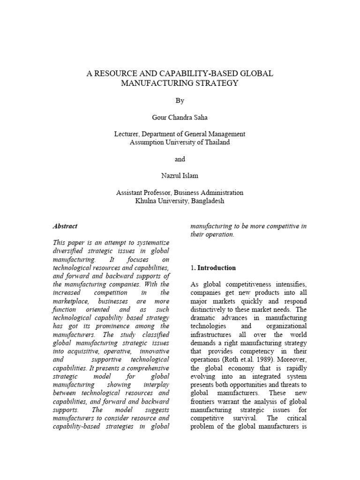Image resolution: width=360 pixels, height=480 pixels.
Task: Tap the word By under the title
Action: click(x=180, y=101)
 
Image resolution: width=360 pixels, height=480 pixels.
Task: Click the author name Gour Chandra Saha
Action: click(x=180, y=117)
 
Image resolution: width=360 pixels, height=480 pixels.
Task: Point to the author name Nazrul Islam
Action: click(x=180, y=175)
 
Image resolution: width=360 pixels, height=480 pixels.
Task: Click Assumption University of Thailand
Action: click(x=180, y=142)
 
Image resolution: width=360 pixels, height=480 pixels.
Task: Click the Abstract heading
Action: click(x=65, y=226)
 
